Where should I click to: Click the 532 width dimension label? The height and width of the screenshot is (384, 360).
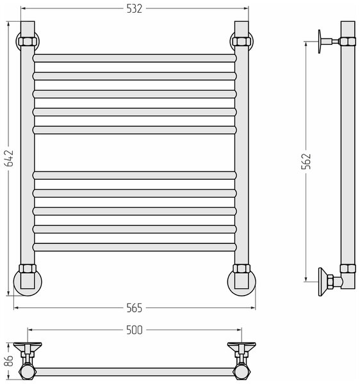coord(135,9)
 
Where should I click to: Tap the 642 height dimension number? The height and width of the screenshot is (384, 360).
coord(9,158)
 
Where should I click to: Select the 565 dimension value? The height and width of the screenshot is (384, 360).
coord(135,308)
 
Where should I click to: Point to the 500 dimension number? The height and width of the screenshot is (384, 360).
coord(135,330)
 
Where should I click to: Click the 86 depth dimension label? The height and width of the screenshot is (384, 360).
coord(9,360)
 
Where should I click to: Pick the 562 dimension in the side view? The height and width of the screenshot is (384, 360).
coord(306,161)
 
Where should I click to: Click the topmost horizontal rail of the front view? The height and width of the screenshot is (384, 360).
coord(135,58)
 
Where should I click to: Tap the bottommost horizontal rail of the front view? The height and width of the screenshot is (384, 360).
coord(135,247)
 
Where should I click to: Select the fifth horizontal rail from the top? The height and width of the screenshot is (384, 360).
coord(135,130)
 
